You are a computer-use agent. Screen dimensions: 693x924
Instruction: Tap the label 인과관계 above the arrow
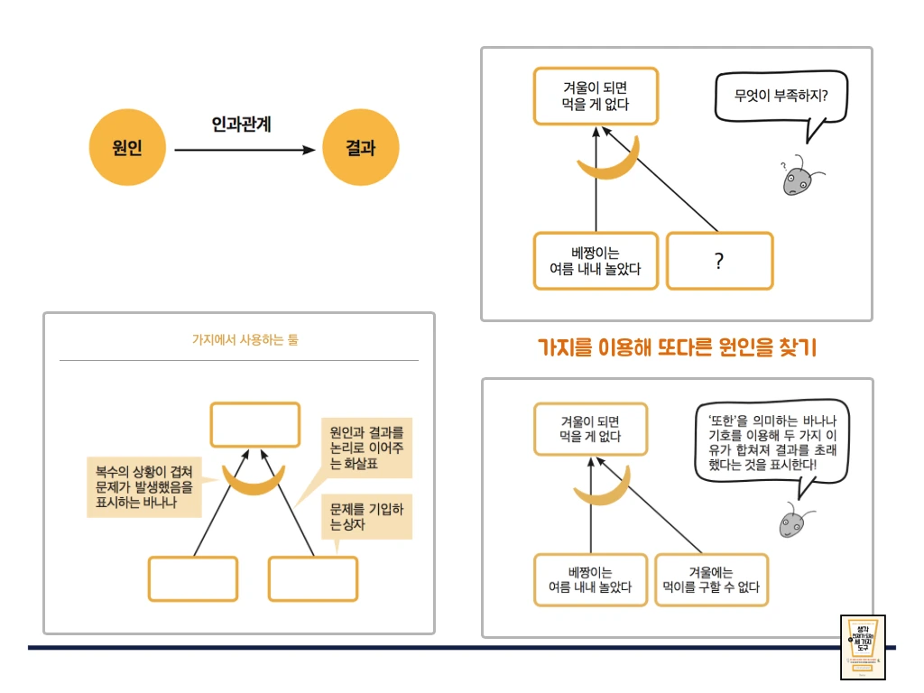tap(242, 124)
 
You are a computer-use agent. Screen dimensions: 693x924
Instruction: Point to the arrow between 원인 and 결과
tap(244, 150)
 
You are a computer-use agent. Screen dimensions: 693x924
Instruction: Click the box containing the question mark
tap(719, 261)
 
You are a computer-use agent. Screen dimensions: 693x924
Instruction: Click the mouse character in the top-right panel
tap(796, 178)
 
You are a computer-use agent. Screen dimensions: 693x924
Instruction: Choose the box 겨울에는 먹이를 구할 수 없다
tap(711, 580)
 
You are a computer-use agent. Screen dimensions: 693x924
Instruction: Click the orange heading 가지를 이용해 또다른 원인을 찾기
tap(676, 347)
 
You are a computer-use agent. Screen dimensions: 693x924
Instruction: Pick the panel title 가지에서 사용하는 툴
tap(238, 340)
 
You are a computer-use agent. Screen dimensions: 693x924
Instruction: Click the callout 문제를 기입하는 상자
tap(366, 516)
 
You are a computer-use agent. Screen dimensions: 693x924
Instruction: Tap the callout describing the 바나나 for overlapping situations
tap(143, 486)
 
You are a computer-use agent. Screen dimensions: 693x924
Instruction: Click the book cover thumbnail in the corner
tap(863, 647)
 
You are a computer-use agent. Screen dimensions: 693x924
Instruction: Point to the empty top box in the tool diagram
tap(254, 425)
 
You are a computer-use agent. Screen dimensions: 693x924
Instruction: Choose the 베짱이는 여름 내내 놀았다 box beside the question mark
tap(596, 261)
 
